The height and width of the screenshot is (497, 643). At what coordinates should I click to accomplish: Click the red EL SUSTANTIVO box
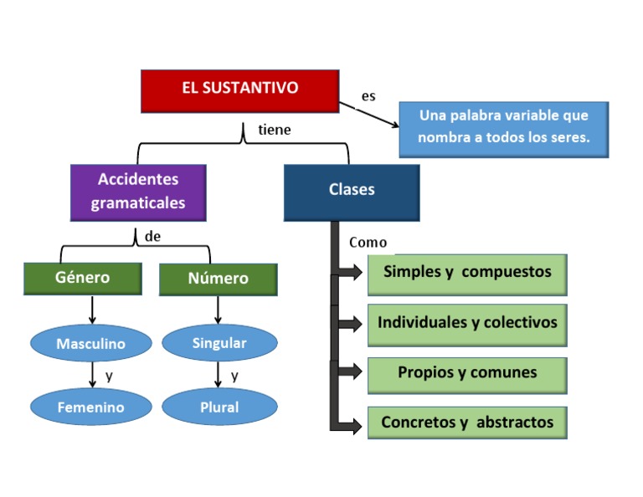(239, 90)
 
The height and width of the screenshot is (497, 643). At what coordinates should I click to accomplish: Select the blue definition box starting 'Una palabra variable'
(503, 129)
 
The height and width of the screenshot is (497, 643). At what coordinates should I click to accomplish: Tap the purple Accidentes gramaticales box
(138, 192)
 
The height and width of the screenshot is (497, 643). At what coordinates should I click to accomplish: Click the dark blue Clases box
(352, 192)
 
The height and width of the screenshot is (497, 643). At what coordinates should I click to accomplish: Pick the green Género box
(80, 278)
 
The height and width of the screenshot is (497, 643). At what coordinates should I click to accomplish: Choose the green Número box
(218, 279)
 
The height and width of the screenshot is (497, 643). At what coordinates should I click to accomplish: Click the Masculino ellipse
(90, 344)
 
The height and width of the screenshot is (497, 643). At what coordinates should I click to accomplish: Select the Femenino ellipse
(90, 407)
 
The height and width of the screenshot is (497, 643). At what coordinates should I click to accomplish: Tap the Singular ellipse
(219, 343)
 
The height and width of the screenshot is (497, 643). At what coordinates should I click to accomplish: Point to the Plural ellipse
(219, 407)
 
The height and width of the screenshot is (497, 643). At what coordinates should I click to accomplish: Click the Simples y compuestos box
(467, 274)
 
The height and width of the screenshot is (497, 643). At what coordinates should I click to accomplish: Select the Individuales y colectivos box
(467, 324)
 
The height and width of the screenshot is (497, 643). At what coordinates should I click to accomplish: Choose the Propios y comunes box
(467, 374)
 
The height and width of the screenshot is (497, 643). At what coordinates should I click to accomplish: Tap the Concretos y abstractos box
(467, 423)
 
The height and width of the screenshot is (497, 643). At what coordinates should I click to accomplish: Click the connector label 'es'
(368, 97)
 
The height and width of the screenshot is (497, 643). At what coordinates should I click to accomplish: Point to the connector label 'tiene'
(275, 131)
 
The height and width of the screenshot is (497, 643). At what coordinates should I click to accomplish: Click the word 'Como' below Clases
(368, 243)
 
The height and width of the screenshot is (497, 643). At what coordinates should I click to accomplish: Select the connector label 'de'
(152, 237)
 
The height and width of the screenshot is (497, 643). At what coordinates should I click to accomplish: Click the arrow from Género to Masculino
(91, 310)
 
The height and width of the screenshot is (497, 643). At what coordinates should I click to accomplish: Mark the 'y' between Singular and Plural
(234, 376)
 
